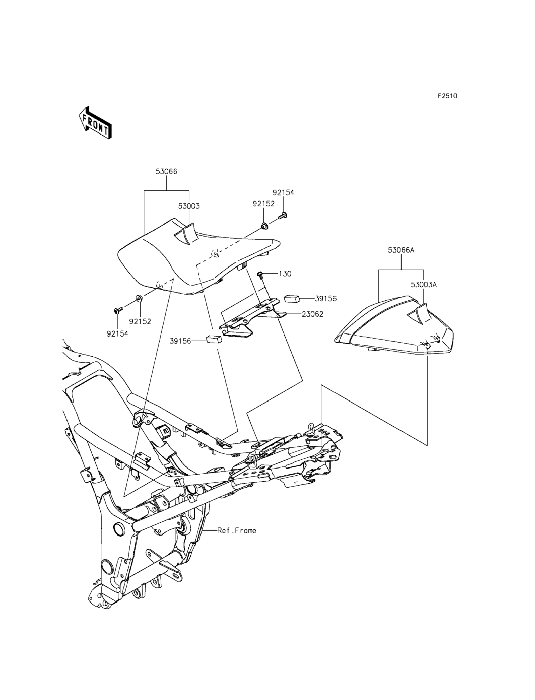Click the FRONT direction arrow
point(95,123)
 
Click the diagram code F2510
point(447,96)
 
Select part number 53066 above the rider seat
point(166,172)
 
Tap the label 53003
point(189,206)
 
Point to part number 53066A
point(401,250)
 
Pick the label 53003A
point(423,285)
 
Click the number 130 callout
point(285,274)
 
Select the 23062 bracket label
point(312,314)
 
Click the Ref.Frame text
point(237,530)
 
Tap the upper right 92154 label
point(283,193)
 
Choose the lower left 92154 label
point(117,334)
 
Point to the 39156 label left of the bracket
point(180,341)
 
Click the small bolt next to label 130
point(259,275)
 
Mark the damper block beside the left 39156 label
point(214,339)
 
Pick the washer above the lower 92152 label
point(139,298)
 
